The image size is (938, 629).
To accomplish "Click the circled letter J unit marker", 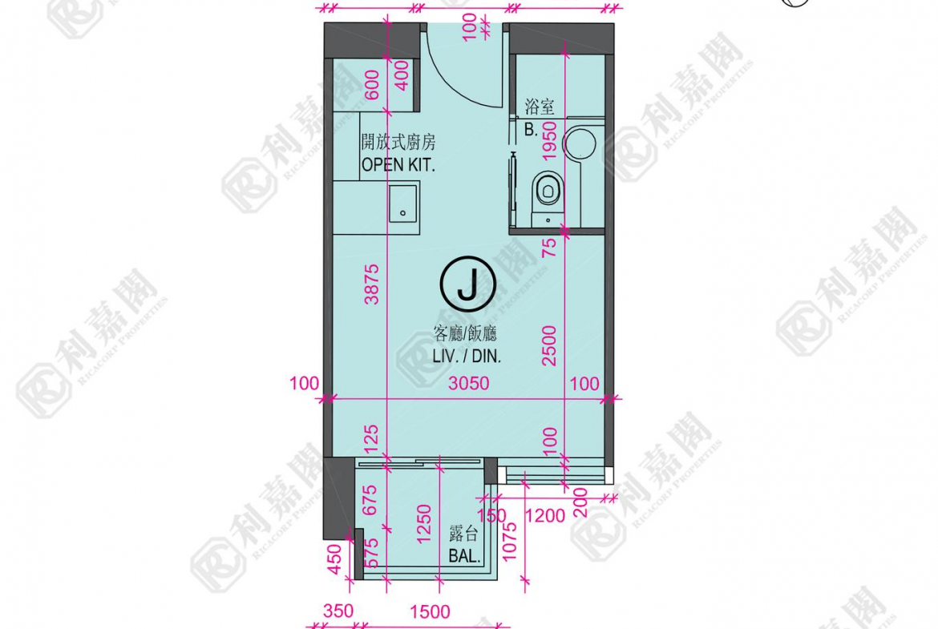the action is (467, 284).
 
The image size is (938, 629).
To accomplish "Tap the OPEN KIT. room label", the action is (398, 165).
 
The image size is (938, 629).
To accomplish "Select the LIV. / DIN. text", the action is (467, 357).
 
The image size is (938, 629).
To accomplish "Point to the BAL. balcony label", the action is (465, 556).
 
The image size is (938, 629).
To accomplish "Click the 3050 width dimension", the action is (469, 383).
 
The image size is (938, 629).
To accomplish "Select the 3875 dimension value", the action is (371, 284).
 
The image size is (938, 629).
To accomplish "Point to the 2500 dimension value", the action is (548, 345).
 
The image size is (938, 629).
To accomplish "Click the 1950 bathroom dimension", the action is (548, 140).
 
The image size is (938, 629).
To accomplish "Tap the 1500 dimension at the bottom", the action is (430, 611).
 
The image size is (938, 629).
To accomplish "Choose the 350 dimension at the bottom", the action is (338, 611).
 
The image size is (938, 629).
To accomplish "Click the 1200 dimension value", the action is (545, 515).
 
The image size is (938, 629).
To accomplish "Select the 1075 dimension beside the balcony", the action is (509, 542).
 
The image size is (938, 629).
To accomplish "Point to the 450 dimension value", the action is (336, 558).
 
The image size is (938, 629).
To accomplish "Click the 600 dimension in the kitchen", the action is (371, 85).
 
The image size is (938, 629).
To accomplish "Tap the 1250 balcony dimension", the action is (423, 524).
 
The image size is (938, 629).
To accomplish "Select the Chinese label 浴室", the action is (540, 107).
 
